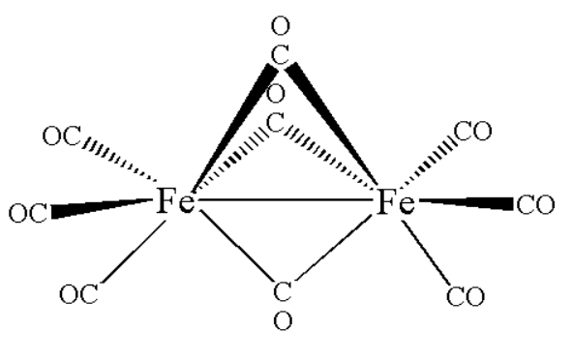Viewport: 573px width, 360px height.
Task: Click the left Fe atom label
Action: pyautogui.click(x=175, y=204)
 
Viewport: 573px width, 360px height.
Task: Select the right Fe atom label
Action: pyautogui.click(x=395, y=204)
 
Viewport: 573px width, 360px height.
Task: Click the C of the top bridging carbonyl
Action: pyautogui.click(x=280, y=56)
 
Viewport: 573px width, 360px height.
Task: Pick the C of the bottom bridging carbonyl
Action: pyautogui.click(x=283, y=290)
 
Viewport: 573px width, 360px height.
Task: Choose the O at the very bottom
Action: pyautogui.click(x=283, y=321)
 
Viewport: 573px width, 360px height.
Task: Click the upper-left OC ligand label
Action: pyautogui.click(x=63, y=136)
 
